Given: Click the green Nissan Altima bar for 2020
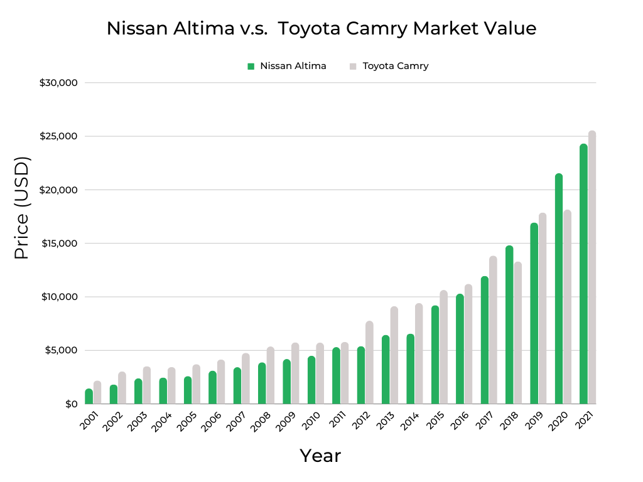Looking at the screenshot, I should coord(559,289).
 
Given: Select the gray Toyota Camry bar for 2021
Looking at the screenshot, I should coord(592,267).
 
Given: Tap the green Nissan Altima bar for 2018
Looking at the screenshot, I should coord(509,325).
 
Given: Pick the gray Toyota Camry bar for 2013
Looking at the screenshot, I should coord(394,355).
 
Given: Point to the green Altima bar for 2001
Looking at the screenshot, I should coord(89,397).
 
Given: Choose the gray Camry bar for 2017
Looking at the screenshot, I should coord(493,330).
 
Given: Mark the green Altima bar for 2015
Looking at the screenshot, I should coord(435,355).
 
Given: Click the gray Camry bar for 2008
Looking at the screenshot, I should coord(270,375).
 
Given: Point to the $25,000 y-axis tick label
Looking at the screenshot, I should coord(58,136).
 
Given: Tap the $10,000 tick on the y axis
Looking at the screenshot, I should coord(58,297).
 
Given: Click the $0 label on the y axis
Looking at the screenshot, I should coord(71,404).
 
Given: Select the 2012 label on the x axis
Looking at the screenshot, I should coord(361,421).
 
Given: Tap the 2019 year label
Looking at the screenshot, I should coord(534,421).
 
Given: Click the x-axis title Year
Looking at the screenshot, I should coord(320,456).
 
